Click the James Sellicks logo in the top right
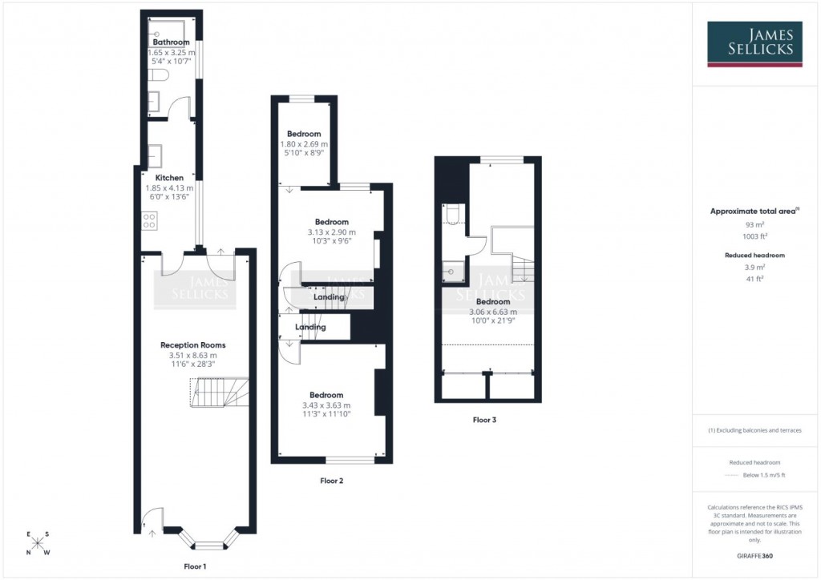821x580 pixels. (x=754, y=44)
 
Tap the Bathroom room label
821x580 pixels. (x=171, y=42)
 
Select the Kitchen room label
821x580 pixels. (x=169, y=178)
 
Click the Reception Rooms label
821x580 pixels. (x=192, y=345)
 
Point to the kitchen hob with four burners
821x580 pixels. (x=149, y=220)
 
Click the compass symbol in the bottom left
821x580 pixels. (x=38, y=543)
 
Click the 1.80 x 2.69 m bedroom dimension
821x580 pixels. (x=304, y=144)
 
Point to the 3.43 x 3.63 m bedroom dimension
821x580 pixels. (x=326, y=405)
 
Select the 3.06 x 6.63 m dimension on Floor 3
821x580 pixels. (x=492, y=312)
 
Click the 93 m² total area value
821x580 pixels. (x=754, y=225)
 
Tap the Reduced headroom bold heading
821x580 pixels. (x=754, y=255)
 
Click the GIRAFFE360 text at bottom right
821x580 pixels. (x=754, y=555)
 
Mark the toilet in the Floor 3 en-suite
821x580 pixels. (x=451, y=212)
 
